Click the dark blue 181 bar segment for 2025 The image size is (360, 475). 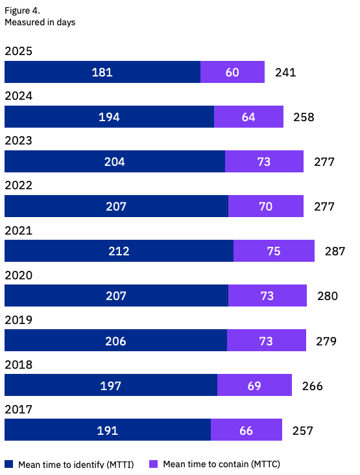pyautogui.click(x=102, y=72)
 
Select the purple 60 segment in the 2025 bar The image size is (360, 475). pyautogui.click(x=232, y=72)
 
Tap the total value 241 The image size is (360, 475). pyautogui.click(x=285, y=72)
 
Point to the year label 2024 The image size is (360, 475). pyautogui.click(x=18, y=96)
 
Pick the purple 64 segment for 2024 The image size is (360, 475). pyautogui.click(x=248, y=117)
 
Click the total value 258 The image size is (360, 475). pyautogui.click(x=304, y=117)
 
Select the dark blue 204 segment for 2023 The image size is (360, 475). pyautogui.click(x=115, y=162)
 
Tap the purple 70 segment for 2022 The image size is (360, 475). pyautogui.click(x=265, y=207)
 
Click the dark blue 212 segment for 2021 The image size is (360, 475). pyautogui.click(x=119, y=251)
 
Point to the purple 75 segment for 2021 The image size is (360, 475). pyautogui.click(x=274, y=251)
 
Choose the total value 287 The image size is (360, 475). pyautogui.click(x=335, y=251)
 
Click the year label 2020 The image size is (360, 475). pyautogui.click(x=18, y=275)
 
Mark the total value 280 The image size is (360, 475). pyautogui.click(x=327, y=296)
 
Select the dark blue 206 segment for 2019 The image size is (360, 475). pyautogui.click(x=115, y=341)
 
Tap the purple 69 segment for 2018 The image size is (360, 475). pyautogui.click(x=254, y=386)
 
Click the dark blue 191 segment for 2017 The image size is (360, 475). pyautogui.click(x=108, y=430)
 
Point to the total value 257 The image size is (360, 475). pyautogui.click(x=302, y=430)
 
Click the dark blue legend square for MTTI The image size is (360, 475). pyautogui.click(x=9, y=464)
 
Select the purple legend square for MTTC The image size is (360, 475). pyautogui.click(x=154, y=464)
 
